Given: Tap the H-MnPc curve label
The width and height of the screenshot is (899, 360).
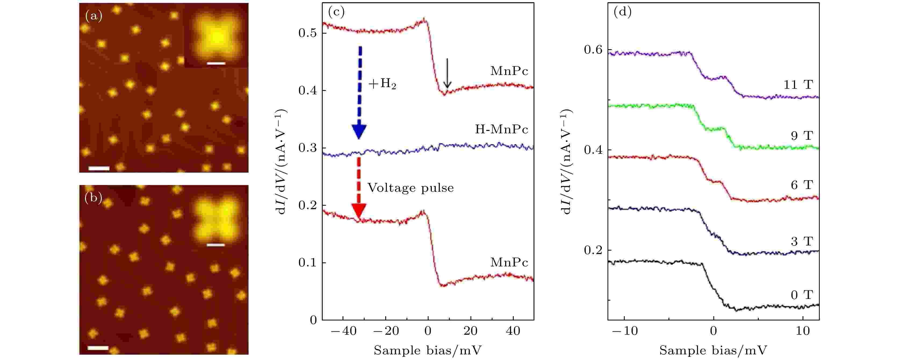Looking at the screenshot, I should pyautogui.click(x=502, y=130).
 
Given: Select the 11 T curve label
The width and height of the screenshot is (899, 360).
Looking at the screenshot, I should pyautogui.click(x=799, y=85).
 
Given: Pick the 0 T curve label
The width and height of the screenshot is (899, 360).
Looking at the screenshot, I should pyautogui.click(x=802, y=295).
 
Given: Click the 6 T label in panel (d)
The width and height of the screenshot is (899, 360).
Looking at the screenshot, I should pyautogui.click(x=802, y=185).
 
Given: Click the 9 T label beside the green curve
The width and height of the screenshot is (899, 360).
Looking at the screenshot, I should pyautogui.click(x=802, y=136).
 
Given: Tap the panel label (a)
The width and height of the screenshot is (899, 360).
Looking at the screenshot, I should pyautogui.click(x=94, y=16).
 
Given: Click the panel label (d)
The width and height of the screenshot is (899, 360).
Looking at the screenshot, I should pyautogui.click(x=622, y=12).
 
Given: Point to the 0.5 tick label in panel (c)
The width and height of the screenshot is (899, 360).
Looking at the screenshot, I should pyautogui.click(x=307, y=33).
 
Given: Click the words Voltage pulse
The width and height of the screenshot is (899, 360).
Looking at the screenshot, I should pyautogui.click(x=411, y=188).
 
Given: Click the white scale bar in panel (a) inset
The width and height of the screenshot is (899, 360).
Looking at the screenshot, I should pyautogui.click(x=216, y=63).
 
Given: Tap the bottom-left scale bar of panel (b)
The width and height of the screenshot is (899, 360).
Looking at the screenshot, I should pyautogui.click(x=98, y=348).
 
